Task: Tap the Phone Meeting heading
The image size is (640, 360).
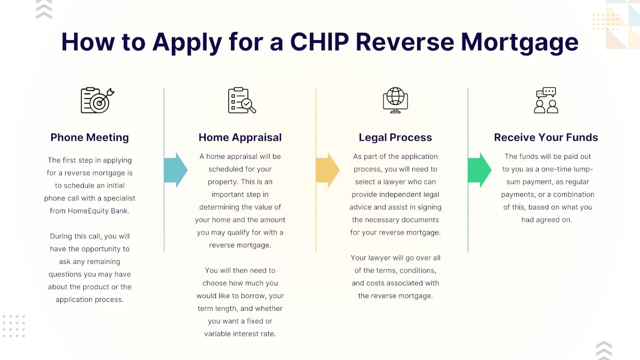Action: coord(90,137)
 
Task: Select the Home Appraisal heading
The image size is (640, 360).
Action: coord(240,137)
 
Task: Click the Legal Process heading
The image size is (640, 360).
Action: coord(395,137)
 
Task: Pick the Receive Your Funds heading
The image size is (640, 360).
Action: coord(546,137)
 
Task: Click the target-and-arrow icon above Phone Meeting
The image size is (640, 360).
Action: coord(97,100)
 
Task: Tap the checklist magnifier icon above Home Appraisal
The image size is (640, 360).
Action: coord(242,100)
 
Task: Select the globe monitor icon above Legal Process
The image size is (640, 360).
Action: coord(395,100)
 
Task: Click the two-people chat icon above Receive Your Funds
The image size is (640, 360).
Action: coord(546,100)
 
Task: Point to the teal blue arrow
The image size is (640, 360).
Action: coord(175,170)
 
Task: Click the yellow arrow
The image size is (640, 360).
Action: coord(327,170)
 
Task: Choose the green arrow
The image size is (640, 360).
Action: coord(479,170)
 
